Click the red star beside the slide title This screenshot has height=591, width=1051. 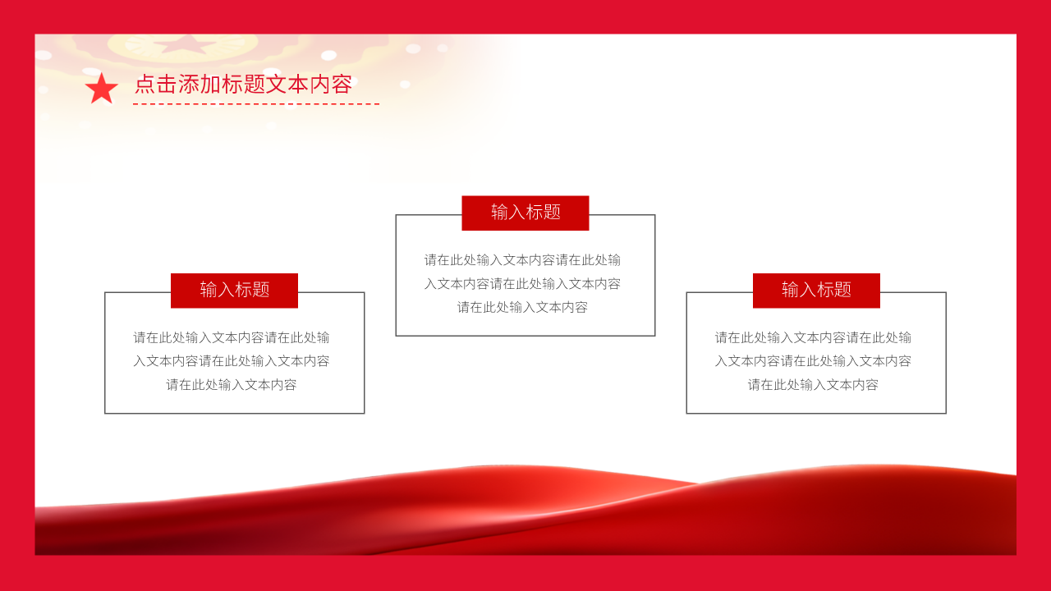(x=101, y=89)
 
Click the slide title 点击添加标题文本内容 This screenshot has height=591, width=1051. (x=243, y=84)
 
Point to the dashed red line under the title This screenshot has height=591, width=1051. (x=255, y=104)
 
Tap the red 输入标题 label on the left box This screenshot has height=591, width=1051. (x=234, y=290)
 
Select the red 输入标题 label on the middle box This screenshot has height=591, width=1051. (x=525, y=213)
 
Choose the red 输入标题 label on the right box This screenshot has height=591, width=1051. (x=816, y=290)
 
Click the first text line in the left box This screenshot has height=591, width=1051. (x=232, y=337)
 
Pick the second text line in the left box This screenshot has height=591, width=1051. (x=232, y=361)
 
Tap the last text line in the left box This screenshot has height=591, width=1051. (x=232, y=385)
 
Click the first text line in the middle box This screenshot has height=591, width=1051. (x=522, y=260)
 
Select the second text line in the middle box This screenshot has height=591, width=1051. (x=522, y=284)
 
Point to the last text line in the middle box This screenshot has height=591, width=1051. (x=522, y=308)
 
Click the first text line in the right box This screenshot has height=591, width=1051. (x=813, y=337)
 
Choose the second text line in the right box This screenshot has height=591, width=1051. (x=813, y=361)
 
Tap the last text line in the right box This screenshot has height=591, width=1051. (x=813, y=385)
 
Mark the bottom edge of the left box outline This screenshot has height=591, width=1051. (x=234, y=413)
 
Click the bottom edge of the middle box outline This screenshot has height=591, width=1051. (x=525, y=336)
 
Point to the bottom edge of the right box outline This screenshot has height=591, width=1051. (x=816, y=413)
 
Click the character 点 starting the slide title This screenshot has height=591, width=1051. (x=145, y=84)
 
